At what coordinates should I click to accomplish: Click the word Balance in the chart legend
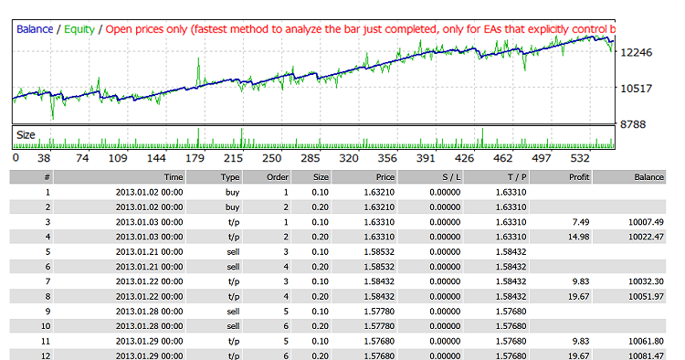pos(35,28)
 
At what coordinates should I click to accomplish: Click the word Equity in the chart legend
pos(79,28)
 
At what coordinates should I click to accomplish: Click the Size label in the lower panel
pos(26,135)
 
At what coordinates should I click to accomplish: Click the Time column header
pos(173,177)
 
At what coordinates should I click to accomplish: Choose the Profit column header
pos(578,177)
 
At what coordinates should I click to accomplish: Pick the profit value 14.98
pos(578,236)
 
